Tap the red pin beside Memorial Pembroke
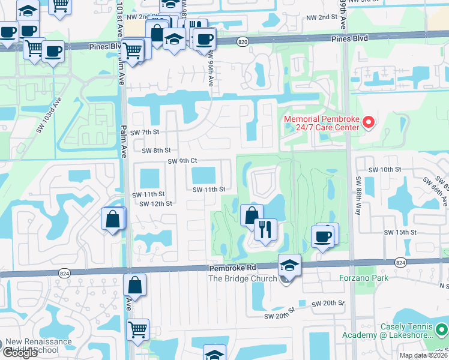click(369, 123)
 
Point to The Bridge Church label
click(243, 278)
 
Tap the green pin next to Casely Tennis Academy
click(442, 329)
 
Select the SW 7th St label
click(146, 132)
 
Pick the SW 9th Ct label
click(182, 161)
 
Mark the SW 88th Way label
click(358, 188)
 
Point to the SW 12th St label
click(156, 203)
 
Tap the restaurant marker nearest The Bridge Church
click(264, 229)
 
